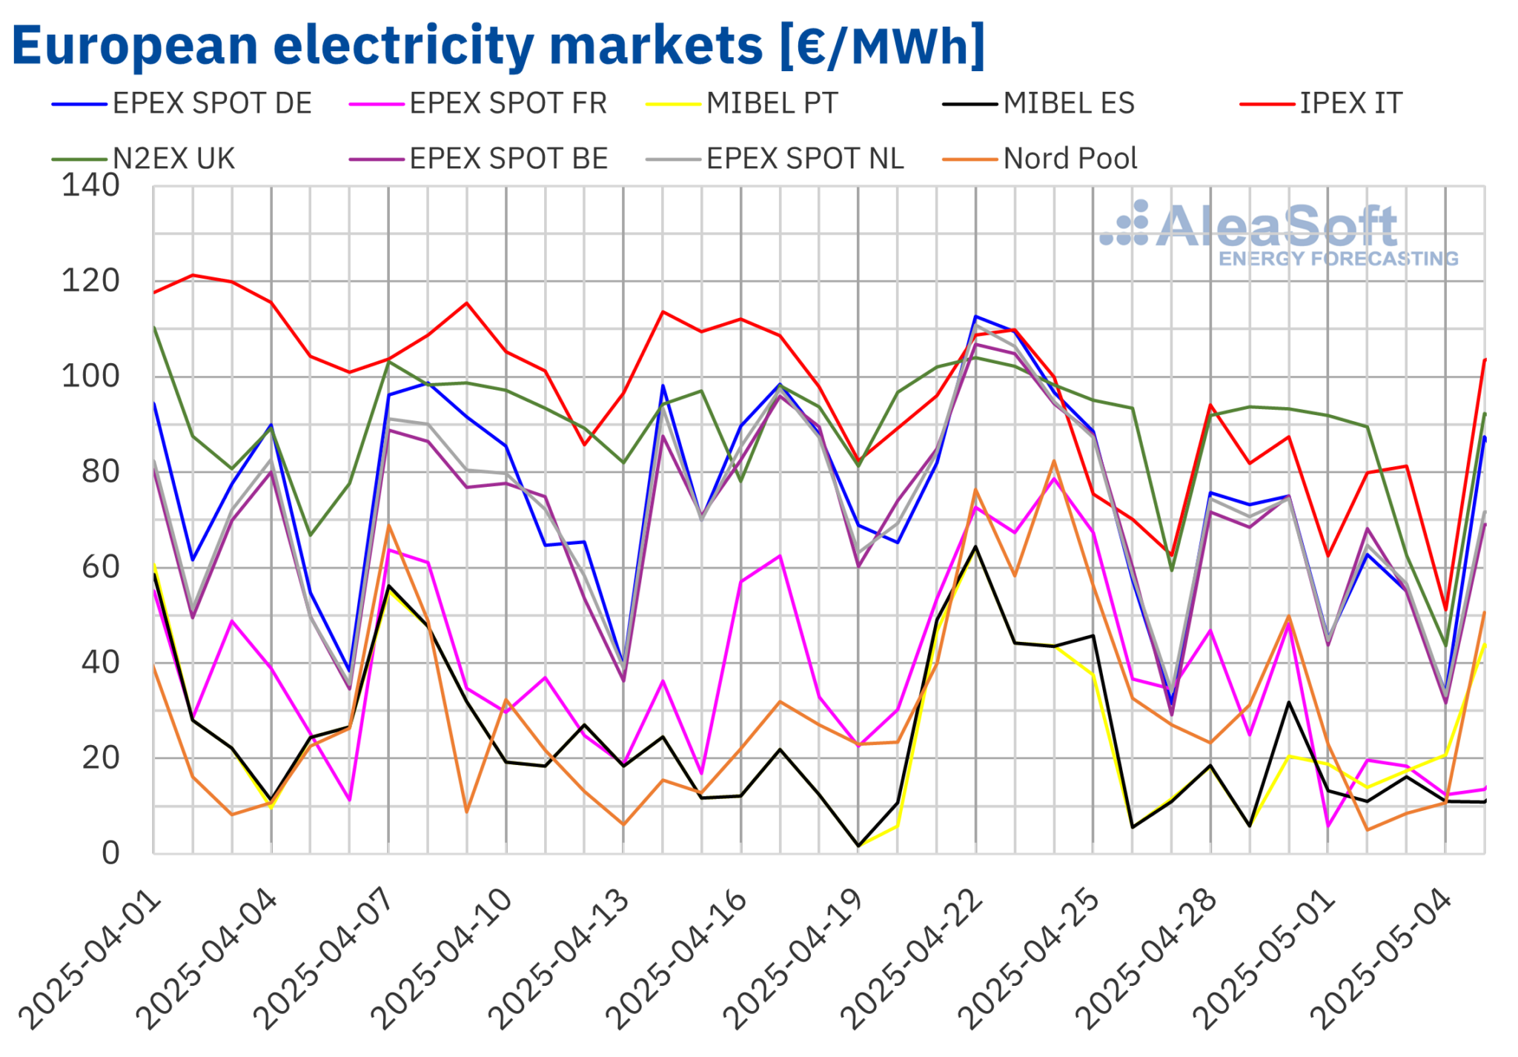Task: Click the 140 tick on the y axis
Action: pyautogui.click(x=90, y=186)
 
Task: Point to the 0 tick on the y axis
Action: pyautogui.click(x=110, y=853)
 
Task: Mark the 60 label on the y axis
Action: pyautogui.click(x=100, y=568)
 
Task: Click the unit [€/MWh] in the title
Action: pyautogui.click(x=882, y=46)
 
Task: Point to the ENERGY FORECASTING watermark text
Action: pyautogui.click(x=1339, y=259)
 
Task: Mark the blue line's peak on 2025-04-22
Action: pyautogui.click(x=975, y=317)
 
